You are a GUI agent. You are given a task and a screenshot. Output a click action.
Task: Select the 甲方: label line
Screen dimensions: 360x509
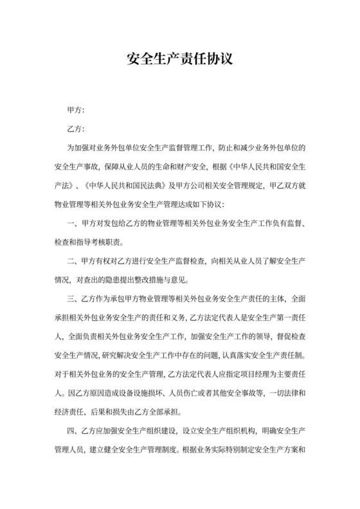tap(76, 110)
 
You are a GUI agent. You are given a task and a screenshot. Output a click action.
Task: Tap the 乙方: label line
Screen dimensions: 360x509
tap(76, 129)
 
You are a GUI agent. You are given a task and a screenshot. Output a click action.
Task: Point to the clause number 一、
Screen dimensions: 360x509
tap(72, 224)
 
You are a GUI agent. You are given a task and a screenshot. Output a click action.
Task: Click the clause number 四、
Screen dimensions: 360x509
tap(72, 430)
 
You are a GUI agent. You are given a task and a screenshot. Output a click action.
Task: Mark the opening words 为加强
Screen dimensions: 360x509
tap(77, 149)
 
